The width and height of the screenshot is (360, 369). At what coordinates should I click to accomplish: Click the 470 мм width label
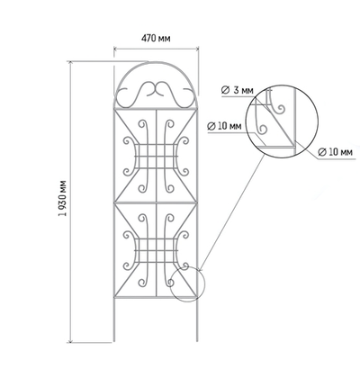point(156,39)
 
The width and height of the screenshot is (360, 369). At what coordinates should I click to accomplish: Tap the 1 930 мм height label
point(63,198)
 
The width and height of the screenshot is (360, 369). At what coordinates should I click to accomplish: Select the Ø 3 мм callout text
point(237,90)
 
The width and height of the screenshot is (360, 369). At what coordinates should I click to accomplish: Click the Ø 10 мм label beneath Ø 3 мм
point(224,126)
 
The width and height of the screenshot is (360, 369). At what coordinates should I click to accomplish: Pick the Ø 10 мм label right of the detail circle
point(335,152)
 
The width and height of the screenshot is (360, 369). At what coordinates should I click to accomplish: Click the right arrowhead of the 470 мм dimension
point(197,49)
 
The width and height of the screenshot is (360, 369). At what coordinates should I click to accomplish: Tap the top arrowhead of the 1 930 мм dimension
point(71,63)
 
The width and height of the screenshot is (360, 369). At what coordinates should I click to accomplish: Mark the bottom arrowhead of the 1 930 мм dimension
point(71,340)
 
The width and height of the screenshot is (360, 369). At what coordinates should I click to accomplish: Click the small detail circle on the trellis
point(170,283)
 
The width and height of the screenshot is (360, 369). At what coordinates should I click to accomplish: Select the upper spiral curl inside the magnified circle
point(281,110)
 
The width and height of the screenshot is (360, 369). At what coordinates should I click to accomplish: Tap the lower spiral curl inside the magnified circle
point(262,129)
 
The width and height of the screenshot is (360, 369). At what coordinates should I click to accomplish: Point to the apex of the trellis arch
point(156,62)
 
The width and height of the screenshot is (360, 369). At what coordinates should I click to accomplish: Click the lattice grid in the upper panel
point(156,157)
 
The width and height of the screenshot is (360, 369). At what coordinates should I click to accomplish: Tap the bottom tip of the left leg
point(114,341)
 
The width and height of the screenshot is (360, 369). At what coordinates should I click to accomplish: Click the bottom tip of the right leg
point(197,341)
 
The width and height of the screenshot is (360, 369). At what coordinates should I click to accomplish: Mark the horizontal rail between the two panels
point(156,203)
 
